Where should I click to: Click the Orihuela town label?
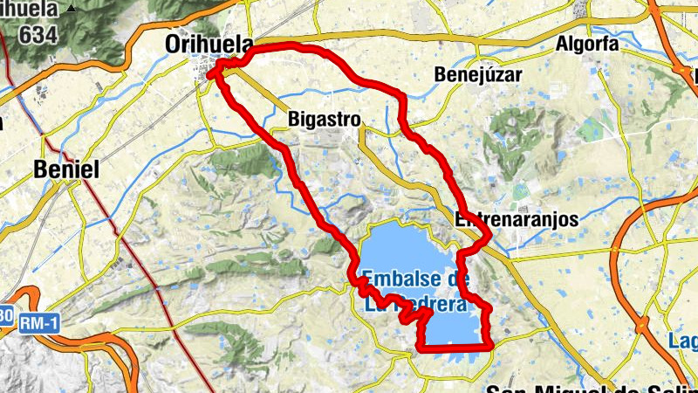point(209,45)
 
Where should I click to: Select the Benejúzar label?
point(478,75)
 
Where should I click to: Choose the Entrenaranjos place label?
point(517,220)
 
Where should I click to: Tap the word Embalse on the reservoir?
point(404,279)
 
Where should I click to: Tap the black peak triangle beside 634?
point(71,9)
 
